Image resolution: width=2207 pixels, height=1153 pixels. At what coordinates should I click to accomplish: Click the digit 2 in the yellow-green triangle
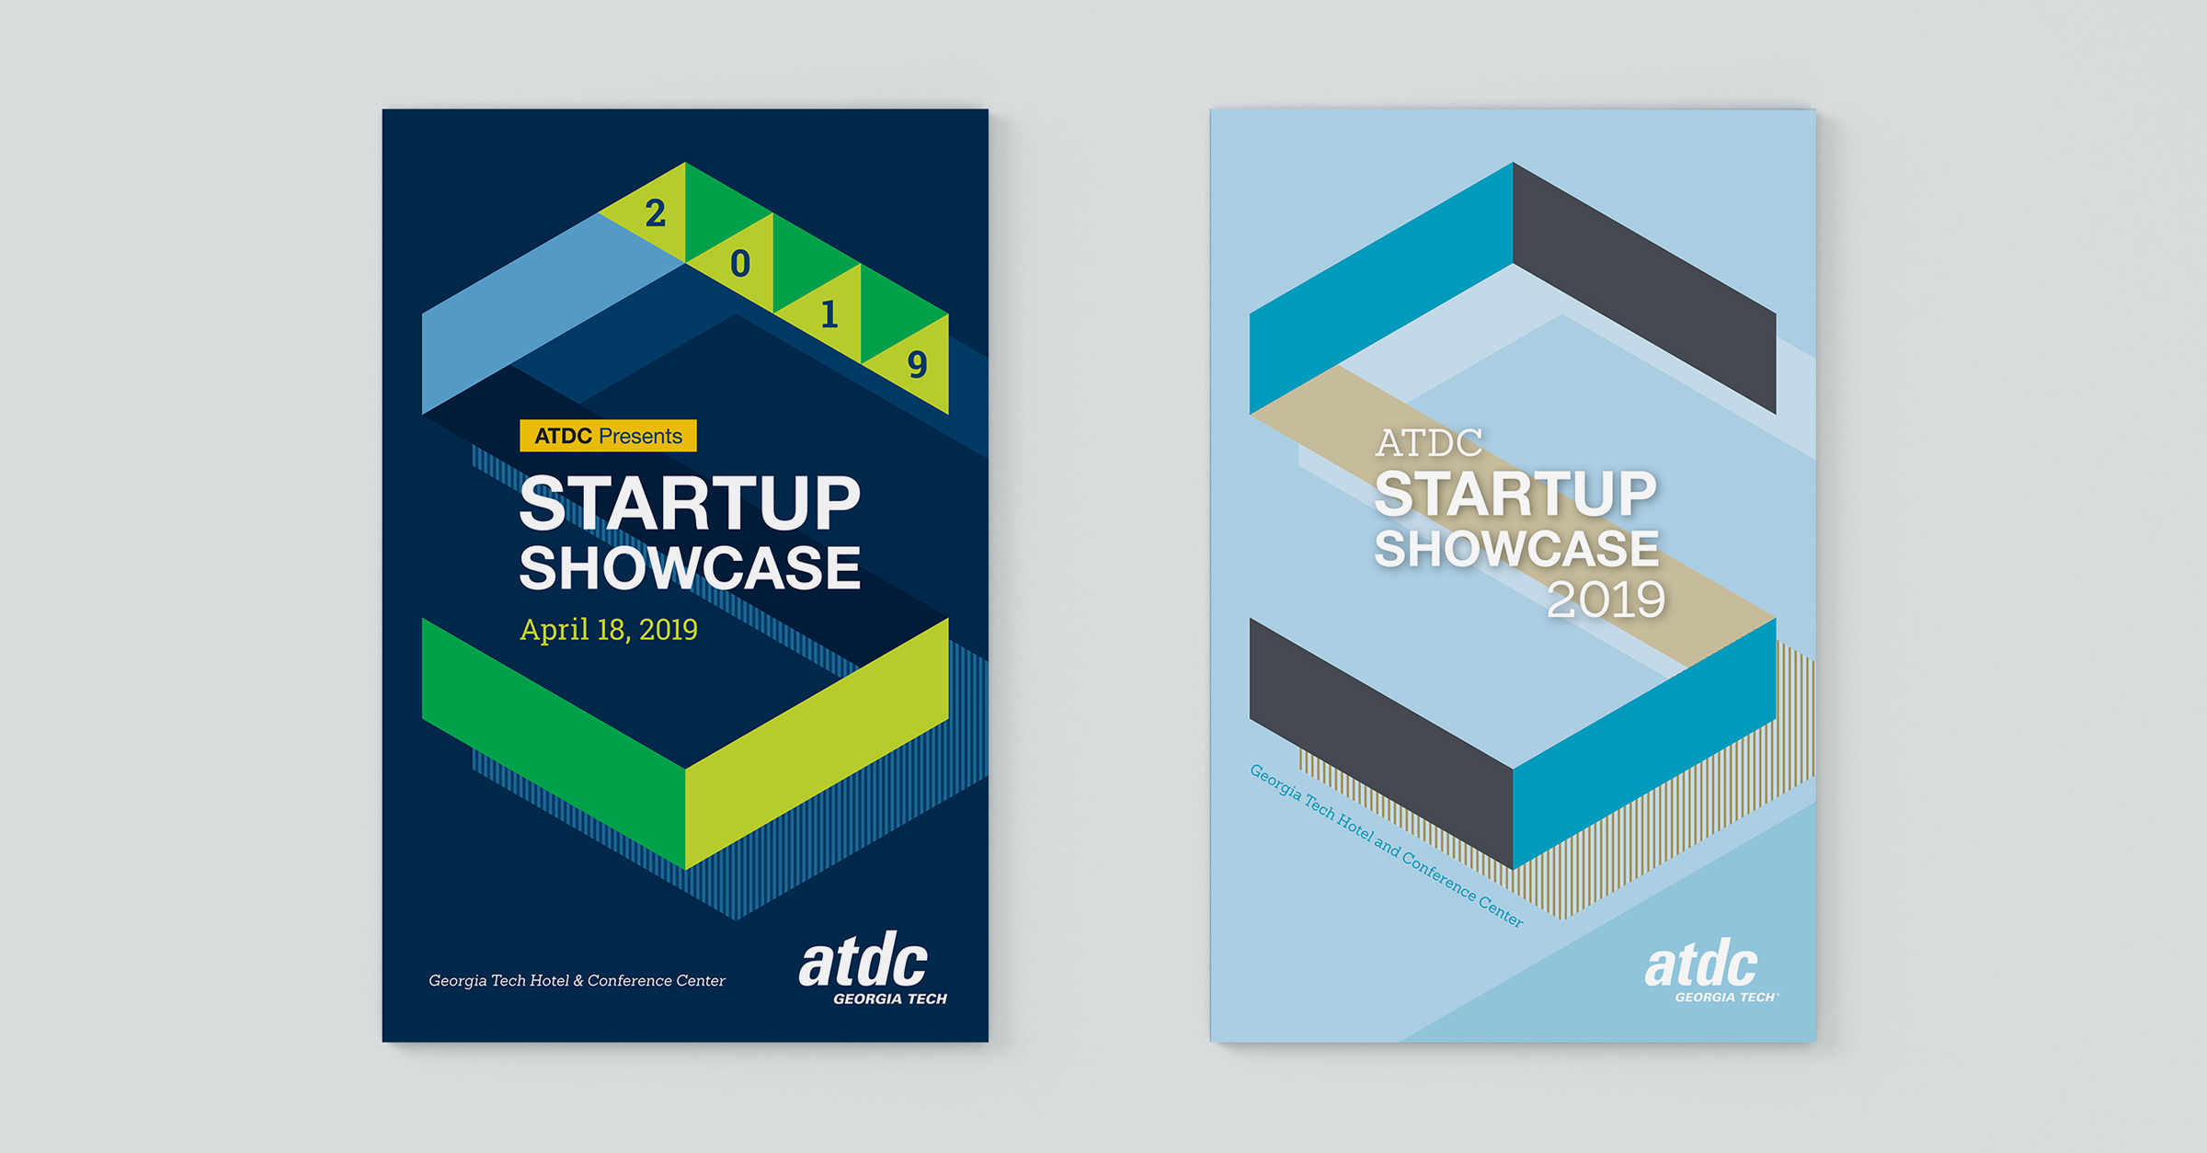tap(655, 213)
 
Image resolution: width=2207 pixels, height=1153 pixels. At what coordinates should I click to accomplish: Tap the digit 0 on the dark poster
tap(740, 264)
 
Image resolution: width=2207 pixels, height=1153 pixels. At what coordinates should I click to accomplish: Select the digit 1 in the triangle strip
tap(829, 314)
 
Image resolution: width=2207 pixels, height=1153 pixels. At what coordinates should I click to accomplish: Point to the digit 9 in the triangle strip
tap(917, 364)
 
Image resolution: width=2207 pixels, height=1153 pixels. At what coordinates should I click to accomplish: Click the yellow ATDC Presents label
tap(608, 436)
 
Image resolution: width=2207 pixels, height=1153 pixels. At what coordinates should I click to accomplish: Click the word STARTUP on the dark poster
tap(690, 503)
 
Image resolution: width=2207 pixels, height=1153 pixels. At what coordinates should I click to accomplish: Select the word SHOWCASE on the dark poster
tap(690, 567)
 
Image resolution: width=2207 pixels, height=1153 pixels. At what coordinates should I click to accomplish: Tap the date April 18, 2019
tap(608, 630)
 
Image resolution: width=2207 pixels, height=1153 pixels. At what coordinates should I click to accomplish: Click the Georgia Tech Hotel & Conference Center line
tap(577, 981)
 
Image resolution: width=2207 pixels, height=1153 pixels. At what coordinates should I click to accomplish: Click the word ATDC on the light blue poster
tap(1428, 443)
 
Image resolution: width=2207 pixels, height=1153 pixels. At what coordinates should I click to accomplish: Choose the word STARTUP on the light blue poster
tap(1515, 494)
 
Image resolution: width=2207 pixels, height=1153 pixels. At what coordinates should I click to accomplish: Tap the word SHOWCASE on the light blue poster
tap(1516, 548)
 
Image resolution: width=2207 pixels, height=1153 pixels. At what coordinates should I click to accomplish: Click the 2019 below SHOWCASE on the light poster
tap(1606, 599)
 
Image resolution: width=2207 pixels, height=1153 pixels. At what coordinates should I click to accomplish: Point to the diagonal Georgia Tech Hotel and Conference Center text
tap(1386, 845)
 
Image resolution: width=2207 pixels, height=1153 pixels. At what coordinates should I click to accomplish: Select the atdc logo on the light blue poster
tap(1710, 971)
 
